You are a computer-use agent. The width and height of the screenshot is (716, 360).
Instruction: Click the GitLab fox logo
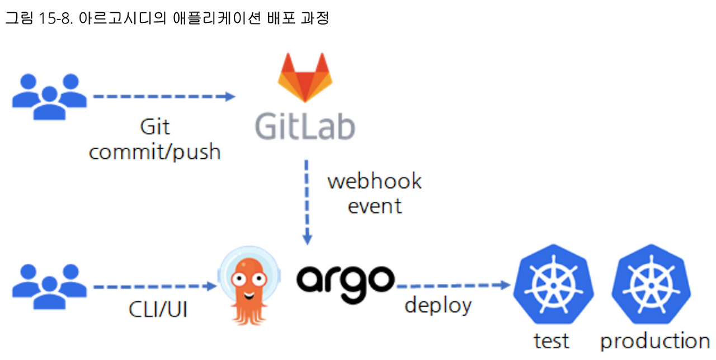[304, 78]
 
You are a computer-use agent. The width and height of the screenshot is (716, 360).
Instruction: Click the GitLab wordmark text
[305, 126]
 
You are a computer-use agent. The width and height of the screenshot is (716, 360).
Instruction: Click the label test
[551, 340]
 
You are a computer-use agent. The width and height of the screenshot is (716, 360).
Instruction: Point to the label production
[655, 341]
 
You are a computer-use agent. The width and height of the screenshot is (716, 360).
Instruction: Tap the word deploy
[438, 306]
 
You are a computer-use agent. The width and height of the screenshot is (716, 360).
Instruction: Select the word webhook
[374, 181]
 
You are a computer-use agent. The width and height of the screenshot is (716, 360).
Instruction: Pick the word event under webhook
[374, 206]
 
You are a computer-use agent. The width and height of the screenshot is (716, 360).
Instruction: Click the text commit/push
[154, 151]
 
